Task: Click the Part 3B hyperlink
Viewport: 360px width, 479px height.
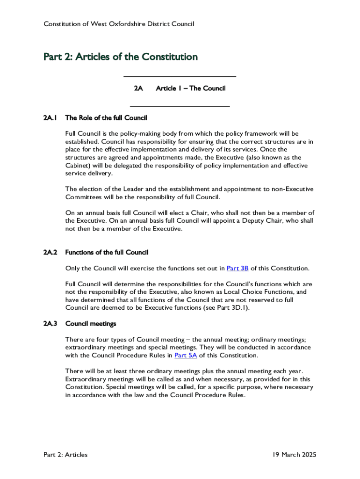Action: [x=238, y=269]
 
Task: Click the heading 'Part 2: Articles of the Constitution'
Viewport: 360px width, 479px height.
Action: [x=121, y=57]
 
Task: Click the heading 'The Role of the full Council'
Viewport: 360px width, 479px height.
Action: [x=106, y=118]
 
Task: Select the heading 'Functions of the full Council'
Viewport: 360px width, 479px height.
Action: [x=107, y=253]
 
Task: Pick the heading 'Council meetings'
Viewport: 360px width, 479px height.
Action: [x=91, y=324]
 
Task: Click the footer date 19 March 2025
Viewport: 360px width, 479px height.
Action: [x=295, y=455]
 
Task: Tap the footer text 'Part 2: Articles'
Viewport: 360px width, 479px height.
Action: [x=65, y=455]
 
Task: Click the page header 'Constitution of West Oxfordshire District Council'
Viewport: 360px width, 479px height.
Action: [x=119, y=24]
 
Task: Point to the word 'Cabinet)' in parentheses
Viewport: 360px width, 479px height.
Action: [x=79, y=166]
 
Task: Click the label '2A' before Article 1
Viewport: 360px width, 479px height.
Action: [x=138, y=88]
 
